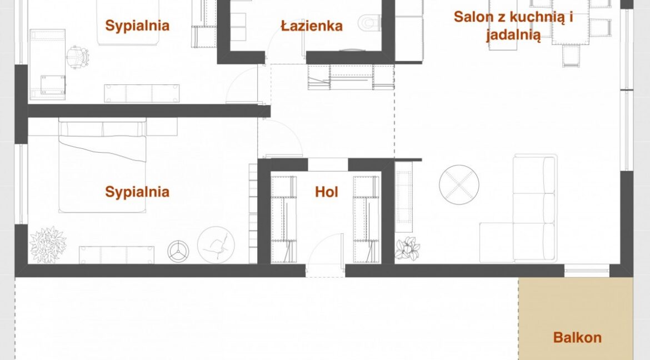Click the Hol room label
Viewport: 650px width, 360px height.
pyautogui.click(x=327, y=192)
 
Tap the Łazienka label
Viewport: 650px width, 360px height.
pyautogui.click(x=312, y=26)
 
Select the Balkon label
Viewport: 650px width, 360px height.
pyautogui.click(x=577, y=338)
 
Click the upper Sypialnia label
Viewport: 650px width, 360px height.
pyautogui.click(x=137, y=26)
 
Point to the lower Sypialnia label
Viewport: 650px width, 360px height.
pyautogui.click(x=137, y=192)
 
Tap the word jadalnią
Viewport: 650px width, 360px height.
pyautogui.click(x=513, y=36)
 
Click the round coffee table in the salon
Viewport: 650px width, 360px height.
pyautogui.click(x=459, y=184)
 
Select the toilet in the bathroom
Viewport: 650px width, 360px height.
pyautogui.click(x=370, y=24)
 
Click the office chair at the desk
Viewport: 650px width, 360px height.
pyautogui.click(x=78, y=56)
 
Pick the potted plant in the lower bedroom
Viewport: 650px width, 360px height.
pyautogui.click(x=48, y=244)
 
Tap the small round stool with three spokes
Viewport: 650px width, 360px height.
pyautogui.click(x=178, y=251)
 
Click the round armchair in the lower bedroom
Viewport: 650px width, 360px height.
pyautogui.click(x=216, y=244)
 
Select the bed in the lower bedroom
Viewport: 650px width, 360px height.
pyautogui.click(x=102, y=166)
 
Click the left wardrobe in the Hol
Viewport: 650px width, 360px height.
pyautogui.click(x=283, y=219)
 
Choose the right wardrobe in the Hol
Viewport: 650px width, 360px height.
pyautogui.click(x=366, y=219)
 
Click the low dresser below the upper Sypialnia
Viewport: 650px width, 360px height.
pyautogui.click(x=142, y=94)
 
